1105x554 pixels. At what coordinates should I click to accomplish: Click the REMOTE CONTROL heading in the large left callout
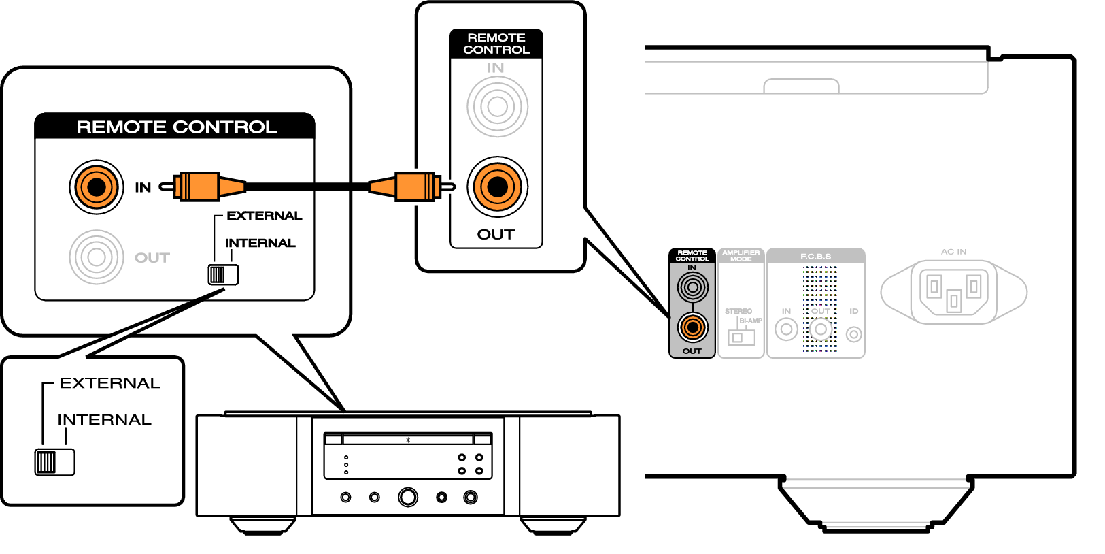(176, 127)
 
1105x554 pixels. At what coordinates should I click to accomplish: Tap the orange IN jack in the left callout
(97, 186)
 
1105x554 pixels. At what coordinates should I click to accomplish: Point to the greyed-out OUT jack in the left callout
(97, 257)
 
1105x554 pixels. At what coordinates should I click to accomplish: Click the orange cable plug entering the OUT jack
(412, 186)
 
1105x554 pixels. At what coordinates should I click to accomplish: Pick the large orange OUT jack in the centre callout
(497, 186)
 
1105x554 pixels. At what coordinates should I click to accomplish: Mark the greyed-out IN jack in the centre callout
(497, 107)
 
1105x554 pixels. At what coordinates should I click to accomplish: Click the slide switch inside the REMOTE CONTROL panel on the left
(223, 274)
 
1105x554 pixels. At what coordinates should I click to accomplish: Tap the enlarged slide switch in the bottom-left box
(54, 462)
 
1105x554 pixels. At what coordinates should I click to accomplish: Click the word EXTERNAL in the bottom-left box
(110, 383)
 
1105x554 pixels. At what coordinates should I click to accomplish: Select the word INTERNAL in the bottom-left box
(105, 420)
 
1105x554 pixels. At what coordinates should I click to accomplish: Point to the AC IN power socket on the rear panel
(953, 291)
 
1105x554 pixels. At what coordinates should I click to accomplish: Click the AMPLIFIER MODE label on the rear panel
(741, 256)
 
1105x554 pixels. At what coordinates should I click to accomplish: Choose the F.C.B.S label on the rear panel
(815, 257)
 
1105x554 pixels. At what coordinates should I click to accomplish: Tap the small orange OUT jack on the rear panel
(692, 327)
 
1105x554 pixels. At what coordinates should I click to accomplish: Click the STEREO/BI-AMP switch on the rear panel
(741, 337)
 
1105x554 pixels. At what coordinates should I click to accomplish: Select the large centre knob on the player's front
(408, 497)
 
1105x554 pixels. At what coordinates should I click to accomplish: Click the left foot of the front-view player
(262, 525)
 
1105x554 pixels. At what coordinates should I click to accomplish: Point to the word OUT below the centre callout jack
(496, 235)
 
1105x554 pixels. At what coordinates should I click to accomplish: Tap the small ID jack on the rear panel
(853, 334)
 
